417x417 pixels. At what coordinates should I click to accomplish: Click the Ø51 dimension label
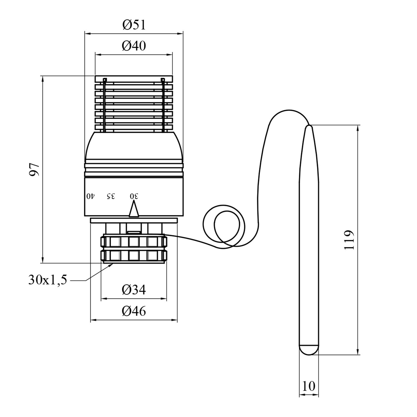(x=134, y=25)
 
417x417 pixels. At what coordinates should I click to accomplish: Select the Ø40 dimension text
(x=134, y=46)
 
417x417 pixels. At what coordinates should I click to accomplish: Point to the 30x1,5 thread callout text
(x=48, y=280)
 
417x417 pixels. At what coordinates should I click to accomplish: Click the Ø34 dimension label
(x=134, y=290)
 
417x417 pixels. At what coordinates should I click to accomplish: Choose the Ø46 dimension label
(x=134, y=312)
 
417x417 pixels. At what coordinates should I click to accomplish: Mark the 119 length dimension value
(x=349, y=240)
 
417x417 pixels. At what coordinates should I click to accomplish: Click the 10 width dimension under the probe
(x=309, y=386)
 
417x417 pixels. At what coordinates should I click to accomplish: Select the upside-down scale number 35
(x=111, y=196)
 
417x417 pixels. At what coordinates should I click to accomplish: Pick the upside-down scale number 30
(x=134, y=196)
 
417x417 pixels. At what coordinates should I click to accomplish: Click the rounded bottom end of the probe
(x=309, y=350)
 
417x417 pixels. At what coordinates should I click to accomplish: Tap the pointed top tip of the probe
(x=309, y=128)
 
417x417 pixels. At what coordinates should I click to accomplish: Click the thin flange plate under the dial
(x=134, y=220)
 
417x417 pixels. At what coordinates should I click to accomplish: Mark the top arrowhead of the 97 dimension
(x=43, y=78)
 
